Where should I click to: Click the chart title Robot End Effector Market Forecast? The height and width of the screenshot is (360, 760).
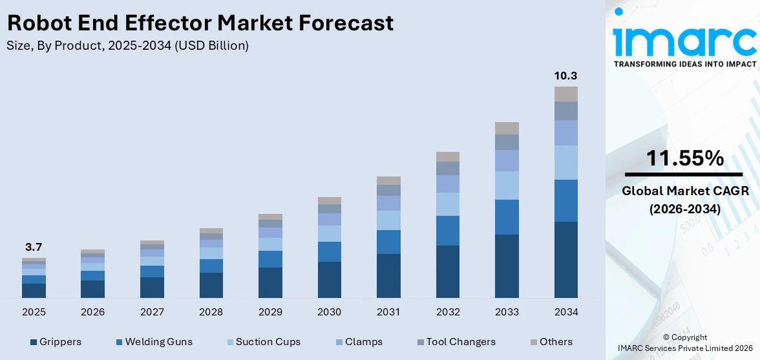[200, 23]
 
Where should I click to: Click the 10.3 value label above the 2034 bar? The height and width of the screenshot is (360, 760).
[565, 76]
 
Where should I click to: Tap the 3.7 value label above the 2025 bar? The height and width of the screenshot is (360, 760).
[34, 247]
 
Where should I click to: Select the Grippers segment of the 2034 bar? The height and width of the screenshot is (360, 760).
[565, 260]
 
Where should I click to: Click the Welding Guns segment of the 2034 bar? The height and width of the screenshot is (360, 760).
[565, 200]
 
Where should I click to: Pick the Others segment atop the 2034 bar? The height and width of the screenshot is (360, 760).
[565, 94]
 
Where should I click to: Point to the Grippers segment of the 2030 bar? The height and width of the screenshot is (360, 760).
[329, 279]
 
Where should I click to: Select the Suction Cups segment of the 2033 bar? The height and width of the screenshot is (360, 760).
[507, 185]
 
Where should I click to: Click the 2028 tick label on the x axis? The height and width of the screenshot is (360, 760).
[211, 312]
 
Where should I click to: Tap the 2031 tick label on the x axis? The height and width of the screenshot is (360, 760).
[388, 312]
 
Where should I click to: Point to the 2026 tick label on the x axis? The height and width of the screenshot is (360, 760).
[93, 312]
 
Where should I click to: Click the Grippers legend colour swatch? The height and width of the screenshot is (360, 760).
[33, 342]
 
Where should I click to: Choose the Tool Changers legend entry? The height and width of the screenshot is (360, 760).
[461, 342]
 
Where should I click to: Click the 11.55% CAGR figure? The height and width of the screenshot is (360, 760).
[683, 158]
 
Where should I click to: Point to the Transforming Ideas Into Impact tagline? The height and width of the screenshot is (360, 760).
[684, 64]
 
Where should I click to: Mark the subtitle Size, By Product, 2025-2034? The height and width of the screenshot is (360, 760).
[127, 45]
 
